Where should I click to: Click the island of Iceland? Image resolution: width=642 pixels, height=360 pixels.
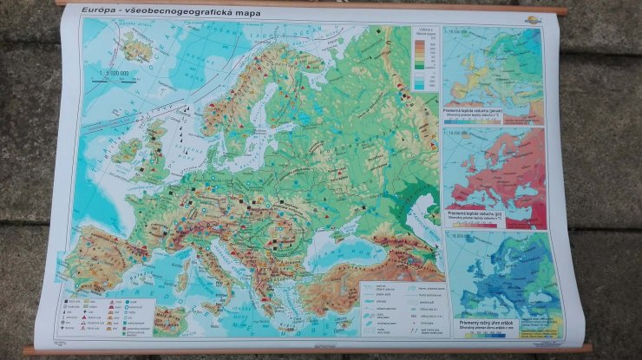point(136,49)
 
